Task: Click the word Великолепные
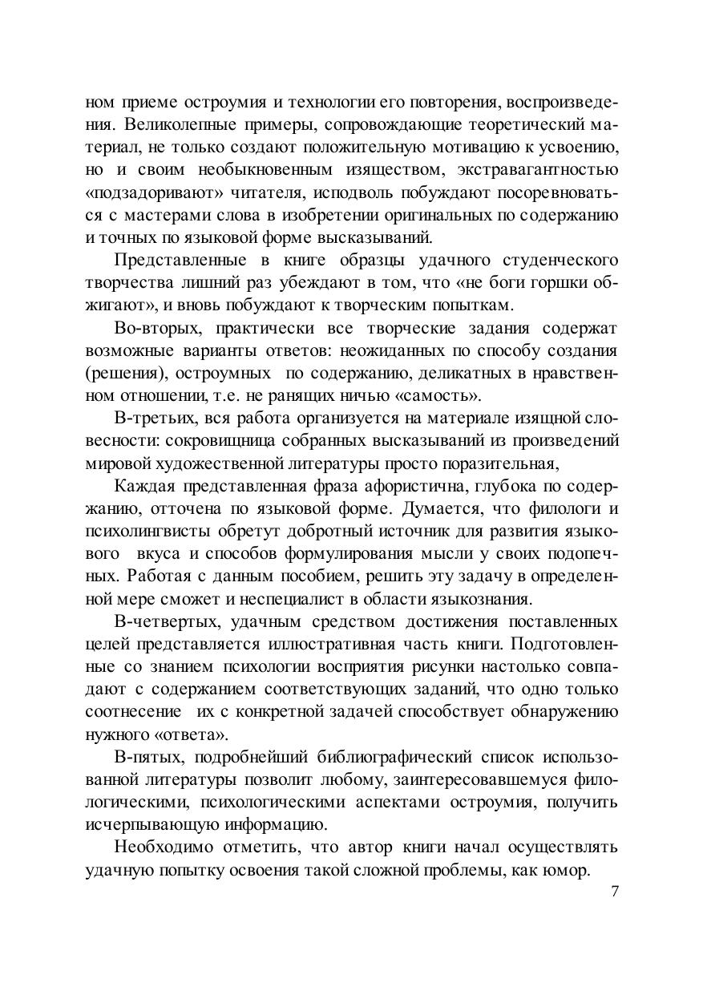point(165,125)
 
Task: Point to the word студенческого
point(560,261)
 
